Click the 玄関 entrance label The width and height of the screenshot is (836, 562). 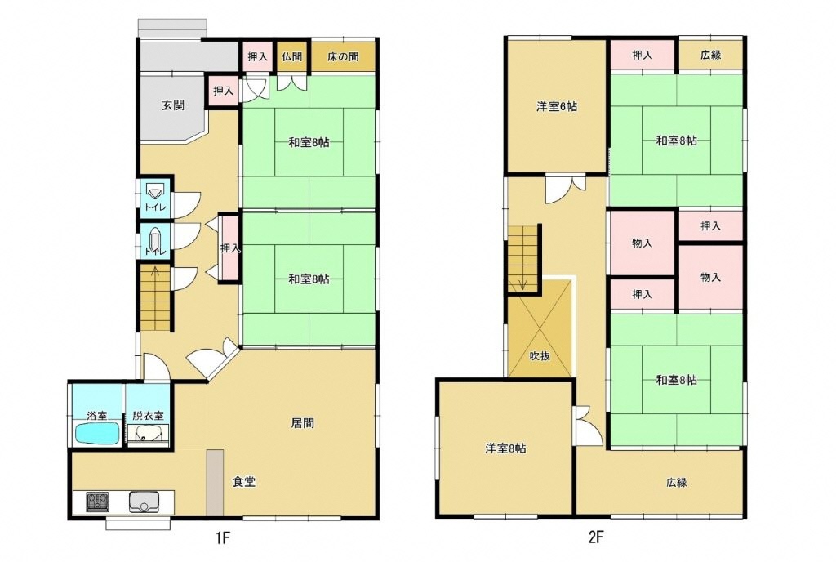point(173,105)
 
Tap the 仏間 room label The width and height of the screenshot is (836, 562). point(292,56)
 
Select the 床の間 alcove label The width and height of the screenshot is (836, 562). point(343,56)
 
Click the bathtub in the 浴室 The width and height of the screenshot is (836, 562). point(97,433)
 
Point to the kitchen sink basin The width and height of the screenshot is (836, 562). point(144,502)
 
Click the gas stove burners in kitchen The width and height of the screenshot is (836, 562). point(98,502)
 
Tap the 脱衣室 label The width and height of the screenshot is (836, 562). point(149,415)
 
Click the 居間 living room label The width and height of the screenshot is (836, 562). point(302,423)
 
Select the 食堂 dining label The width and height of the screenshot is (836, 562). point(243,482)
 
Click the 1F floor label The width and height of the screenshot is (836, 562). point(222,537)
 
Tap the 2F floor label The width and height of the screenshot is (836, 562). point(595,537)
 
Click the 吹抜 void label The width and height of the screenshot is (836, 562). point(540,355)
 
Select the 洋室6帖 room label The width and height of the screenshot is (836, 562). point(557,106)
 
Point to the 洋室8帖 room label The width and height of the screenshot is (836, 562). point(505,448)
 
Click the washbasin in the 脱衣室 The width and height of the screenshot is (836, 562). point(149,434)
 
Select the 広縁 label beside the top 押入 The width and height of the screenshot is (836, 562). point(711,55)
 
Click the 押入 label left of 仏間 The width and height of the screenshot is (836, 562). point(258,56)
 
